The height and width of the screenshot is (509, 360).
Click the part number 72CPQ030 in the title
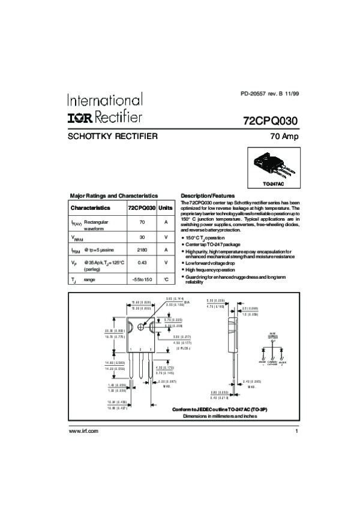[x=271, y=120]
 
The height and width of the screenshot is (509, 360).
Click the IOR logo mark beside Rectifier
[x=83, y=115]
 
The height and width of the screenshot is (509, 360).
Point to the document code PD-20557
[x=253, y=94]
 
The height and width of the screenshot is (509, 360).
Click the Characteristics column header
[x=91, y=207]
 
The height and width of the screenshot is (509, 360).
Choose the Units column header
[x=165, y=207]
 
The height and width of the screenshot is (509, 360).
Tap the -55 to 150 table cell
[x=142, y=279]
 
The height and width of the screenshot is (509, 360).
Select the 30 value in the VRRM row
[x=142, y=237]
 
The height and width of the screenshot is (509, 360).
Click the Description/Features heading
[x=208, y=195]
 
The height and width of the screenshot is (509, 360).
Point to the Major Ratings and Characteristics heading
[x=114, y=195]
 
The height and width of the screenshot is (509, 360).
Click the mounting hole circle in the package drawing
[x=142, y=326]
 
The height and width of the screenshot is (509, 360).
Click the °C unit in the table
[x=165, y=279]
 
